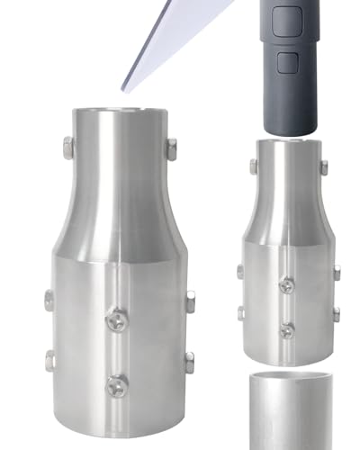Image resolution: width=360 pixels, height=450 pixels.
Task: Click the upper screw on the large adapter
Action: click(x=117, y=318)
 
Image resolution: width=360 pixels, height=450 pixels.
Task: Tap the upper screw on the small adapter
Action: click(x=287, y=285)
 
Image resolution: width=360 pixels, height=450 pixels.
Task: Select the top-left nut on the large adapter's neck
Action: click(x=67, y=147)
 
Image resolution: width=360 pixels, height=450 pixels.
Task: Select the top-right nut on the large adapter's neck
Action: click(x=171, y=148)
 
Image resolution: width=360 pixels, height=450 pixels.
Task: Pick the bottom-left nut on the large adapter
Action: click(x=50, y=361)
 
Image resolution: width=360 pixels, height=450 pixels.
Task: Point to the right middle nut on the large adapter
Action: click(x=189, y=301)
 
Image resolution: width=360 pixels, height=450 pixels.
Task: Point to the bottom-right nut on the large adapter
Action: click(x=189, y=363)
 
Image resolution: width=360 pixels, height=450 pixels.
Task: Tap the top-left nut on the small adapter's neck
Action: click(x=253, y=166)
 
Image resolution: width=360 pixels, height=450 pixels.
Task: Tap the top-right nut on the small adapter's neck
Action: click(x=324, y=167)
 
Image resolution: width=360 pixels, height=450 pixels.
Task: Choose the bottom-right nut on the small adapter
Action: click(x=336, y=314)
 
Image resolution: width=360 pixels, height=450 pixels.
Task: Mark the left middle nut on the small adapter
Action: click(x=240, y=271)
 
